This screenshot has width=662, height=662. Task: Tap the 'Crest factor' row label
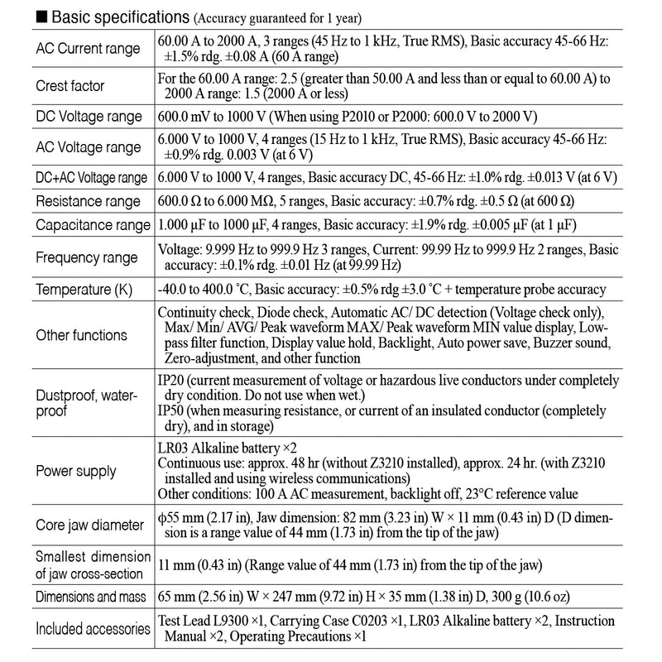[70, 85]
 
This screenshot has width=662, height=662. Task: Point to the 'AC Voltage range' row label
[88, 147]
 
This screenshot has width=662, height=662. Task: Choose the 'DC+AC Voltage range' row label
[91, 178]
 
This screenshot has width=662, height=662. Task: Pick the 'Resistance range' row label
[89, 201]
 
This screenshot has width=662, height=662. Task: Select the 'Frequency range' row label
[87, 257]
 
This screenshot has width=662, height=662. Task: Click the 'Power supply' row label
[75, 472]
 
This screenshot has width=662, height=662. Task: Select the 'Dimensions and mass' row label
[91, 596]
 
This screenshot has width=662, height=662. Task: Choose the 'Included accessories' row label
[93, 629]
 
